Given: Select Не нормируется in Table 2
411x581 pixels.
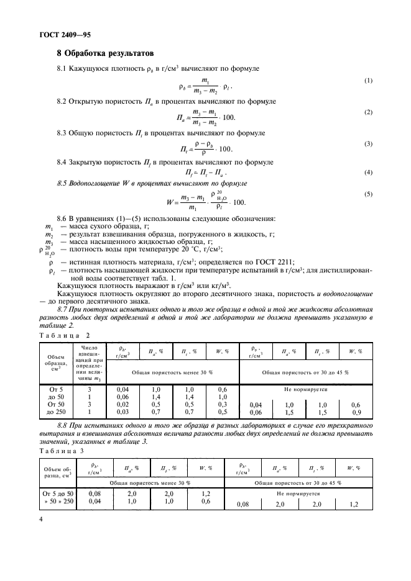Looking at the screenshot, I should (x=305, y=387).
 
